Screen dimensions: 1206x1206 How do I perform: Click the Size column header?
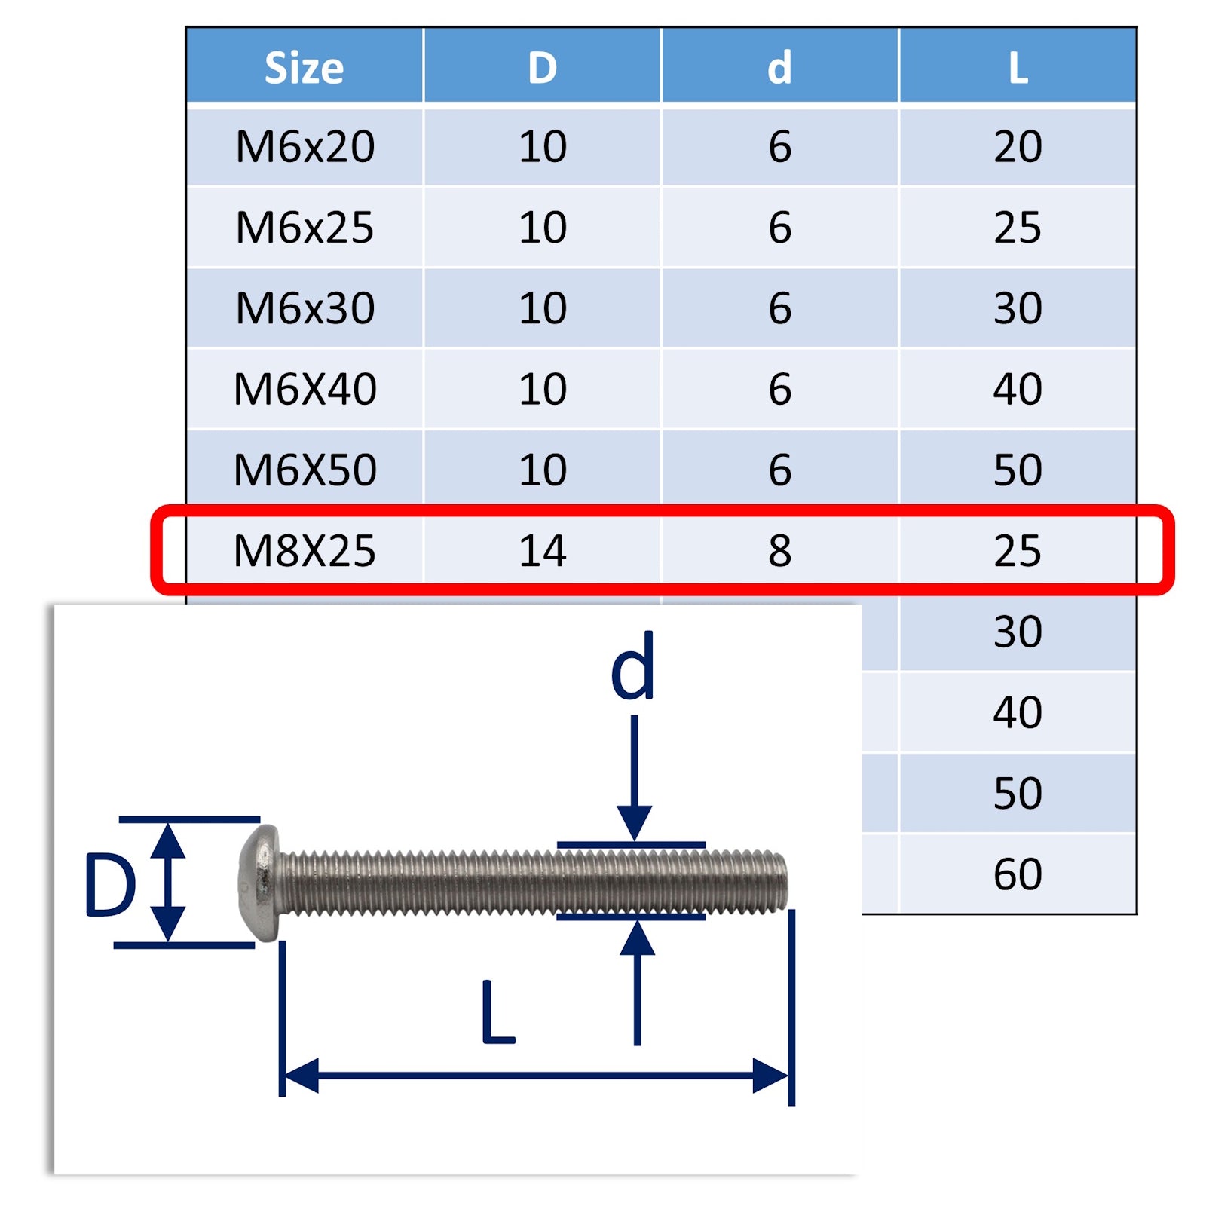(x=304, y=68)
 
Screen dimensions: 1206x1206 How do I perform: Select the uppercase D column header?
(x=542, y=68)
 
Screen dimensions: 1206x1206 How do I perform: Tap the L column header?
(x=1018, y=68)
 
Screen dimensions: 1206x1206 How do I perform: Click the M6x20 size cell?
(x=305, y=146)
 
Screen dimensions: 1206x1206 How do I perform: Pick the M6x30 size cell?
(x=305, y=308)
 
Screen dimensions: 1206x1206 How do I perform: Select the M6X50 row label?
(x=305, y=470)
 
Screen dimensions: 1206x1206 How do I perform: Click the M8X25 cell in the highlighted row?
(x=305, y=550)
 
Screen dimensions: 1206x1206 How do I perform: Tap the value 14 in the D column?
(x=542, y=550)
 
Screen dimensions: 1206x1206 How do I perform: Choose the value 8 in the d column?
(x=779, y=550)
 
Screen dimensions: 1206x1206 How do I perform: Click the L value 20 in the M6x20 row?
(x=1018, y=146)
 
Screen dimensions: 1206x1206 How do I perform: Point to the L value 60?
(x=1018, y=874)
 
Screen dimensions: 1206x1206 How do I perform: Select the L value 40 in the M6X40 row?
(x=1018, y=389)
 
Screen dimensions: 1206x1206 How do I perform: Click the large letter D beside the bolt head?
(x=110, y=885)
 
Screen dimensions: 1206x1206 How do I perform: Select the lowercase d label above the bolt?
(x=632, y=667)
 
